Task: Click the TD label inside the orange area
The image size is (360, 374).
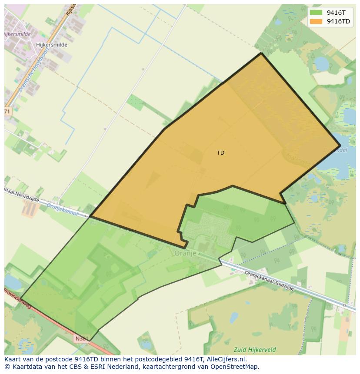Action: click(220, 153)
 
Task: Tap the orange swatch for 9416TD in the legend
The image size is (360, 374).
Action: click(316, 21)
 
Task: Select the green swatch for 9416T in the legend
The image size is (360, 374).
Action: click(316, 13)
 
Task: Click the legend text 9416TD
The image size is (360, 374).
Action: click(338, 21)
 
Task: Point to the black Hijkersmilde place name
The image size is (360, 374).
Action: click(52, 45)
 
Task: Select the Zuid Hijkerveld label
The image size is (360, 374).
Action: click(254, 349)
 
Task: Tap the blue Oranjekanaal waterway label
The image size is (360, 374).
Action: click(62, 210)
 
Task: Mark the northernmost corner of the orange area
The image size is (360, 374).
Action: click(261, 53)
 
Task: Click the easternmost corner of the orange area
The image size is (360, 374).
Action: click(340, 146)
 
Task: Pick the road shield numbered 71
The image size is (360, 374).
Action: click(7, 112)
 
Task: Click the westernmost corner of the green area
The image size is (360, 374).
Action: click(21, 298)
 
